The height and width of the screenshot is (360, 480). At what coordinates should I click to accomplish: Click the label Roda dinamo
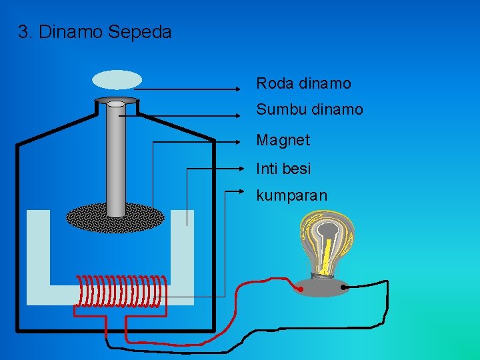coord(303,83)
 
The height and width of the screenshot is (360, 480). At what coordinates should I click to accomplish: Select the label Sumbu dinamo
coord(309,109)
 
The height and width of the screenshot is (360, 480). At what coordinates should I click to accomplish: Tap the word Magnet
coord(283,140)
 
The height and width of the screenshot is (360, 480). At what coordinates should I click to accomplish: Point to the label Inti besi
coord(283,169)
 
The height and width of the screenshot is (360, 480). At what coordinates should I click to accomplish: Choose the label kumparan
coord(291,196)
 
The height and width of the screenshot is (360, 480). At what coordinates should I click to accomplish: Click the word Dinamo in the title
coord(71,31)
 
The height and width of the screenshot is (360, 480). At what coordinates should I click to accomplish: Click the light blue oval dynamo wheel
coord(117,80)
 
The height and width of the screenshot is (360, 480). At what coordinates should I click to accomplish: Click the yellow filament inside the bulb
coord(326,257)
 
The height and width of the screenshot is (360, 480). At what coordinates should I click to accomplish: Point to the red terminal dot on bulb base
coord(301,290)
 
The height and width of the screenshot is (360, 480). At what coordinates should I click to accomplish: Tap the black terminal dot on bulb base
coord(344,288)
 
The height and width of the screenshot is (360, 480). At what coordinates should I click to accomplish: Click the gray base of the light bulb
coord(323,285)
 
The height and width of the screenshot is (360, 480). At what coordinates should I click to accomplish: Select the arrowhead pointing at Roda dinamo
coord(244,88)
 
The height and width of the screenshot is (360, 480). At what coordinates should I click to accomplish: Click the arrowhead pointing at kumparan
coord(244,191)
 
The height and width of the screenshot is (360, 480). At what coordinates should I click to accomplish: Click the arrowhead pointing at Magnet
coord(244,141)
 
